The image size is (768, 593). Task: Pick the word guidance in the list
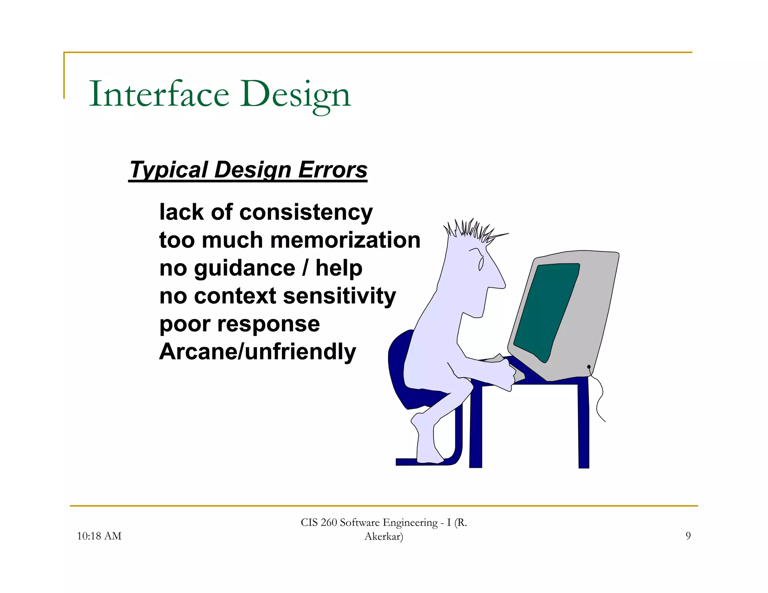pyautogui.click(x=244, y=268)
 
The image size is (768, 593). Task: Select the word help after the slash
pyautogui.click(x=339, y=268)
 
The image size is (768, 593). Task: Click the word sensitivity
pyautogui.click(x=339, y=296)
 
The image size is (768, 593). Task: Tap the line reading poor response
pyautogui.click(x=239, y=324)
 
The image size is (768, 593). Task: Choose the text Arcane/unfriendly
pyautogui.click(x=257, y=352)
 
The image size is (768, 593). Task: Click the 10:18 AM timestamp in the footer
pyautogui.click(x=99, y=536)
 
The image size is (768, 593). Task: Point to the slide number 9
pyautogui.click(x=688, y=536)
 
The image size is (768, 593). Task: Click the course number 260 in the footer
pyautogui.click(x=329, y=523)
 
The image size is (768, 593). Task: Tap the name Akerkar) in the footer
pyautogui.click(x=384, y=536)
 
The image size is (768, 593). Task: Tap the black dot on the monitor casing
pyautogui.click(x=589, y=367)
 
